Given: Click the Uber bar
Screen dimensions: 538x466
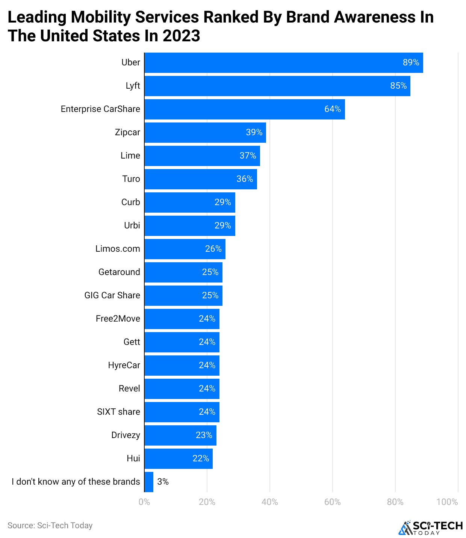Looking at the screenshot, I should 284,63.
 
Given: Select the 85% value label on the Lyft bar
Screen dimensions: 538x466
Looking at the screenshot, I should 398,86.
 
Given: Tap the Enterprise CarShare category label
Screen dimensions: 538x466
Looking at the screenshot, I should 100,109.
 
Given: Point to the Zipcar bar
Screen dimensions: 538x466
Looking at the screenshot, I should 205,133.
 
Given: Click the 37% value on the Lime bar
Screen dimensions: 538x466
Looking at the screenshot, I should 248,156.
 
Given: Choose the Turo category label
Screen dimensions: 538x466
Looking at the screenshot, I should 131,179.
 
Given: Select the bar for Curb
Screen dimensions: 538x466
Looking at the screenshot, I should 190,203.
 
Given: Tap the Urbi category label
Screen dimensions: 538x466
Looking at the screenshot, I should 132,226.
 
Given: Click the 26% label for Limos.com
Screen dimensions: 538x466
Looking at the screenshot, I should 213,249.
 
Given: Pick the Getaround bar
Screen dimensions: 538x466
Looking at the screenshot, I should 183,272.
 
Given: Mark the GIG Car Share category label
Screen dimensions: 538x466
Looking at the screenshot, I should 112,296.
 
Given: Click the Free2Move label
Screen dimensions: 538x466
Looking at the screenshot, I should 118,319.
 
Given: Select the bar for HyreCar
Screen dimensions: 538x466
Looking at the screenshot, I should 182,366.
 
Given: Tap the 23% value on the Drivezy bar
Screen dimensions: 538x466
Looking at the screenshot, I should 204,435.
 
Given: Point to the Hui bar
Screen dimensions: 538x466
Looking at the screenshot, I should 179,459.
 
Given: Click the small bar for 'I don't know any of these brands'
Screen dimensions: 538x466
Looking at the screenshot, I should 149,482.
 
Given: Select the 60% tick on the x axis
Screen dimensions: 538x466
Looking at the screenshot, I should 332,502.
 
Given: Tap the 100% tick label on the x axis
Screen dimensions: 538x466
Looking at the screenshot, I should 447,502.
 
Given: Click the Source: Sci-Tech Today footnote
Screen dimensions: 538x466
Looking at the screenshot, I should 50,526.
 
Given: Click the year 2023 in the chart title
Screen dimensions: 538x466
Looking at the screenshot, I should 182,36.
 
